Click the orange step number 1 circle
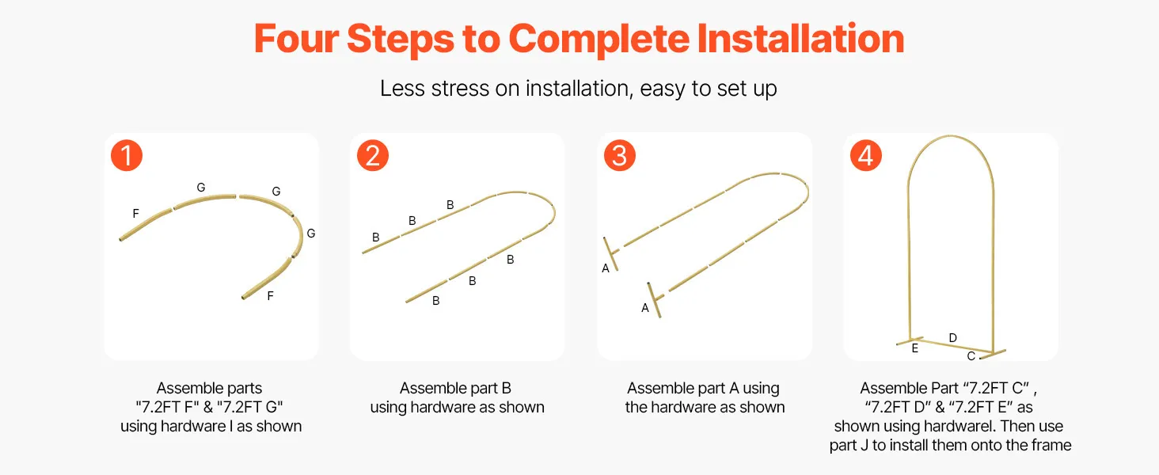pyautogui.click(x=127, y=155)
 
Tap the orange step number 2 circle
pyautogui.click(x=373, y=155)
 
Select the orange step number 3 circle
pyautogui.click(x=619, y=155)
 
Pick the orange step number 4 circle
pyautogui.click(x=865, y=155)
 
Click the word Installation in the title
pyautogui.click(x=800, y=39)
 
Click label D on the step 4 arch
pyautogui.click(x=952, y=338)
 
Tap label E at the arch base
pyautogui.click(x=915, y=348)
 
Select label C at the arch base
pyautogui.click(x=971, y=356)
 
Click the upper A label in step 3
pyautogui.click(x=606, y=268)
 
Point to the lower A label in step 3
pyautogui.click(x=644, y=308)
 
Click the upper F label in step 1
pyautogui.click(x=135, y=213)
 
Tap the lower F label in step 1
pyautogui.click(x=270, y=296)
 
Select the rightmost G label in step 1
pyautogui.click(x=311, y=234)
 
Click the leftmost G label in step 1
pyautogui.click(x=201, y=188)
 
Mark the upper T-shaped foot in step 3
pyautogui.click(x=612, y=253)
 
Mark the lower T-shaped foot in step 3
pyautogui.click(x=655, y=299)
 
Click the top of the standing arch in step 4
pyautogui.click(x=951, y=137)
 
